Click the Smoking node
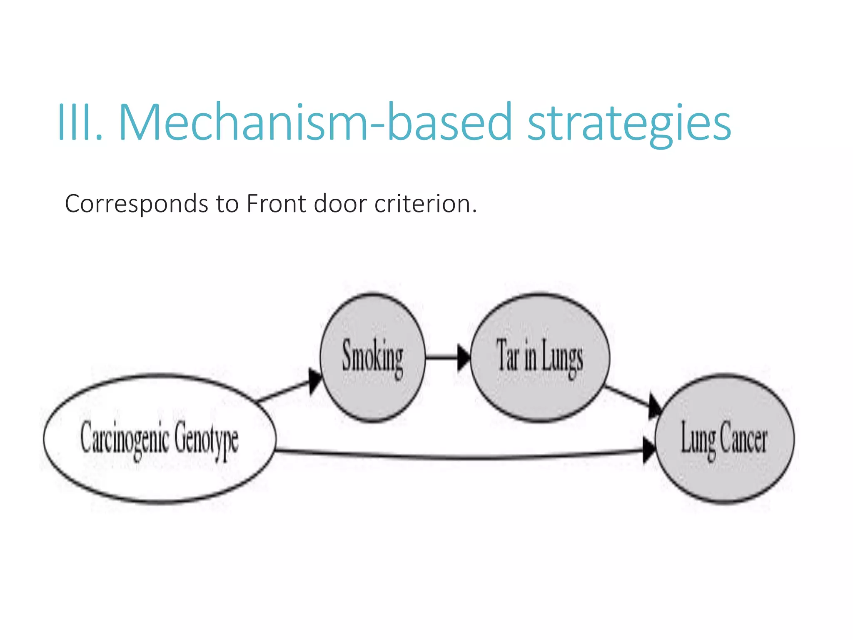(373, 357)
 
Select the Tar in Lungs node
(540, 357)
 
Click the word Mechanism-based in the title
(315, 122)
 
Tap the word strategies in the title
(629, 124)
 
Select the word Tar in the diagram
(507, 356)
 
